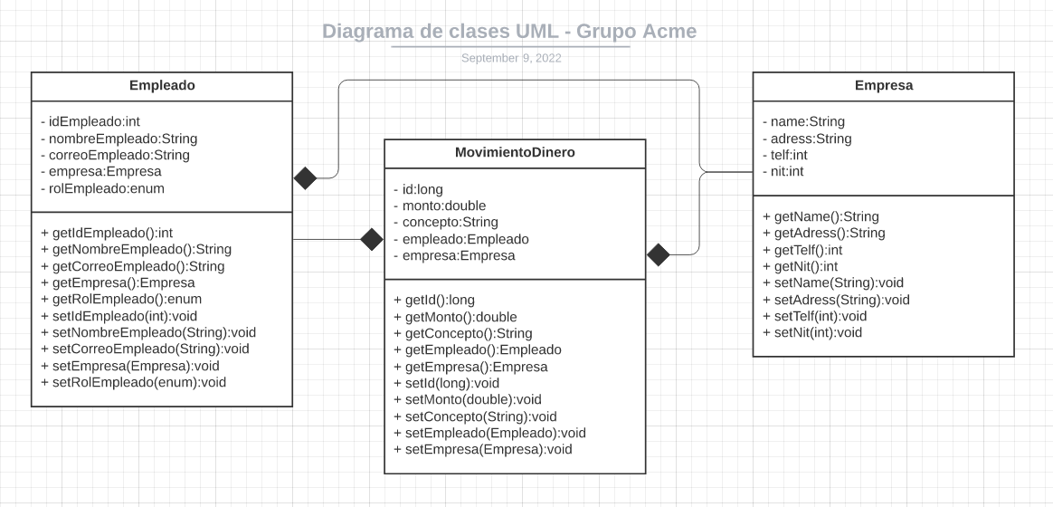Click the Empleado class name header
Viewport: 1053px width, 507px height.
[162, 85]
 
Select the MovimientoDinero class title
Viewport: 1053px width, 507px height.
[515, 152]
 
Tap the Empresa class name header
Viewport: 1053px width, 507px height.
[883, 85]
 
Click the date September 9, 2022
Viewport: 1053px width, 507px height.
[511, 58]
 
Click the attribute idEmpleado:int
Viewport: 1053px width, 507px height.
[90, 121]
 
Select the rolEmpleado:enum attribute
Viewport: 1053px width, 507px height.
[102, 188]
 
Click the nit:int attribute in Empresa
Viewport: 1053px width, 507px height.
[783, 172]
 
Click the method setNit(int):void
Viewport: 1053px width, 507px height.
[812, 332]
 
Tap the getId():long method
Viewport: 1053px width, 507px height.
[433, 300]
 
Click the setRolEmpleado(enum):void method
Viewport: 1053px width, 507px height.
[133, 382]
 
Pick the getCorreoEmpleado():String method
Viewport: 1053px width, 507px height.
[133, 266]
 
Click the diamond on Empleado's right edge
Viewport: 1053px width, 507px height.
[306, 178]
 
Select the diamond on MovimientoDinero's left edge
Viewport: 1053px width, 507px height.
[372, 239]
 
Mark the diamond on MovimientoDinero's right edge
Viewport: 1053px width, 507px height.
[659, 255]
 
